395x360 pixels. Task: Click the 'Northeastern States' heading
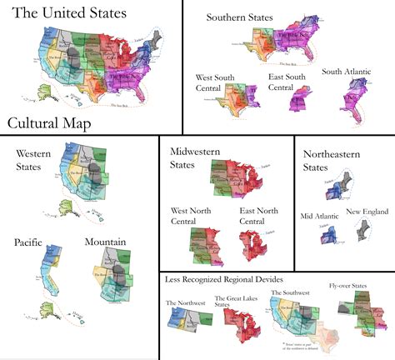(333, 161)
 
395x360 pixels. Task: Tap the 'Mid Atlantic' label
(318, 217)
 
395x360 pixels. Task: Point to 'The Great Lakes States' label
(233, 302)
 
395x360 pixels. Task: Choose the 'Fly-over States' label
(349, 286)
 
